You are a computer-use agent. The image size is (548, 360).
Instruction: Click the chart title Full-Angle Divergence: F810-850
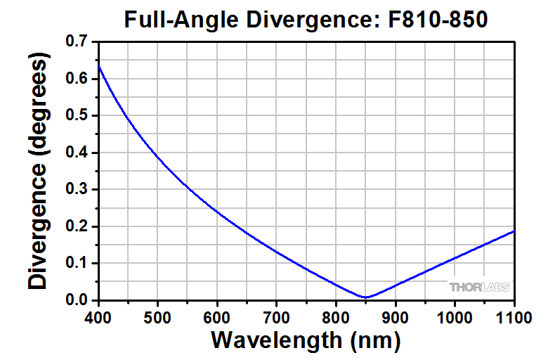point(306,19)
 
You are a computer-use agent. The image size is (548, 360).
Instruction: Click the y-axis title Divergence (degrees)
point(40,172)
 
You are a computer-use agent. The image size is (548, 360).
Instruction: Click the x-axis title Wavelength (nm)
point(306,341)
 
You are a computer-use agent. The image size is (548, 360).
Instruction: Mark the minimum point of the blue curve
point(365,297)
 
